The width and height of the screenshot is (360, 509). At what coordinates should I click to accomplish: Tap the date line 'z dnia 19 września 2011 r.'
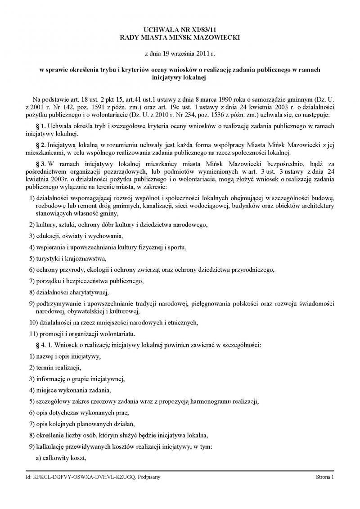(x=180, y=54)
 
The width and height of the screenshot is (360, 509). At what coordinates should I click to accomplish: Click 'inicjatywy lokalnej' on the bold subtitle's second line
(x=180, y=78)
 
